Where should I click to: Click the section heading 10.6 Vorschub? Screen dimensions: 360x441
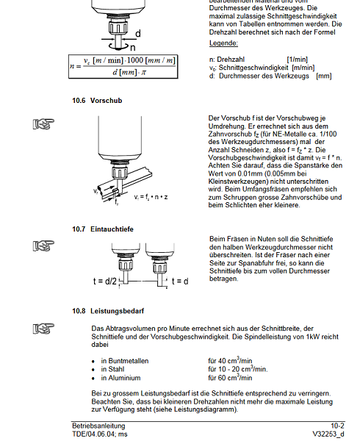pyautogui.click(x=97, y=101)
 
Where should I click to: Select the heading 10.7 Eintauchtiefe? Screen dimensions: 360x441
pyautogui.click(x=103, y=229)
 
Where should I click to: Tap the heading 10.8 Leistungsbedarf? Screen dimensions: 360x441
pyautogui.click(x=108, y=311)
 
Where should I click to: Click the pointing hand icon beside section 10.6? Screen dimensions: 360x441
pyautogui.click(x=43, y=124)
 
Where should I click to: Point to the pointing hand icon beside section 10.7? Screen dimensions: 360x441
pyautogui.click(x=43, y=245)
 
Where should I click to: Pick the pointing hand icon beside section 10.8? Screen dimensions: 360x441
pyautogui.click(x=43, y=329)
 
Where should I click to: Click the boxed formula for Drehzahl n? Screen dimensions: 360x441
pyautogui.click(x=123, y=67)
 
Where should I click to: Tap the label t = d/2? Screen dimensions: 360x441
pyautogui.click(x=104, y=282)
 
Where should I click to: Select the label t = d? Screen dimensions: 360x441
pyautogui.click(x=180, y=282)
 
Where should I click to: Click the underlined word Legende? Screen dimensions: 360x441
pyautogui.click(x=223, y=43)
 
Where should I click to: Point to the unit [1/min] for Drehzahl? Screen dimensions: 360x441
pyautogui.click(x=298, y=60)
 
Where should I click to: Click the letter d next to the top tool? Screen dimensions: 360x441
pyautogui.click(x=138, y=34)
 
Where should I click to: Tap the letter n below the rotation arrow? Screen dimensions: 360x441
pyautogui.click(x=133, y=48)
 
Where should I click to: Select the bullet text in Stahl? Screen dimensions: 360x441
pyautogui.click(x=112, y=369)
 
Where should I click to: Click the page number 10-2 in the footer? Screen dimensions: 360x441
pyautogui.click(x=337, y=426)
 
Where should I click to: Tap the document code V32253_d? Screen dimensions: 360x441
pyautogui.click(x=328, y=434)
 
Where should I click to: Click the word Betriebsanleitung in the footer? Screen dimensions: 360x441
pyautogui.click(x=98, y=426)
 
